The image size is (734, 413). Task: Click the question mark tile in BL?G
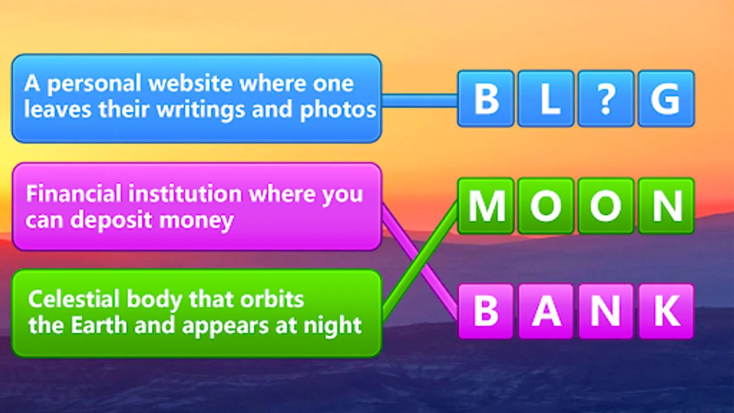tap(606, 99)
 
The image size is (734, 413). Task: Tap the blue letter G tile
tap(666, 99)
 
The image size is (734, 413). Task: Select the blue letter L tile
tap(546, 99)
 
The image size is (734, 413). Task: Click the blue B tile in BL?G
tap(486, 99)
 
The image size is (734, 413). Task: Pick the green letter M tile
tap(486, 206)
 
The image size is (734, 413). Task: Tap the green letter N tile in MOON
tap(666, 206)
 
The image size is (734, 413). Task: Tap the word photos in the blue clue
tap(338, 110)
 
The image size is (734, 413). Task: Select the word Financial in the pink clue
tap(74, 193)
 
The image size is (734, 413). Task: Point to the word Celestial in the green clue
tap(74, 299)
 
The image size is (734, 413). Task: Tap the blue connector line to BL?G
tap(420, 100)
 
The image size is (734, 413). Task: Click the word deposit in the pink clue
tap(111, 220)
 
